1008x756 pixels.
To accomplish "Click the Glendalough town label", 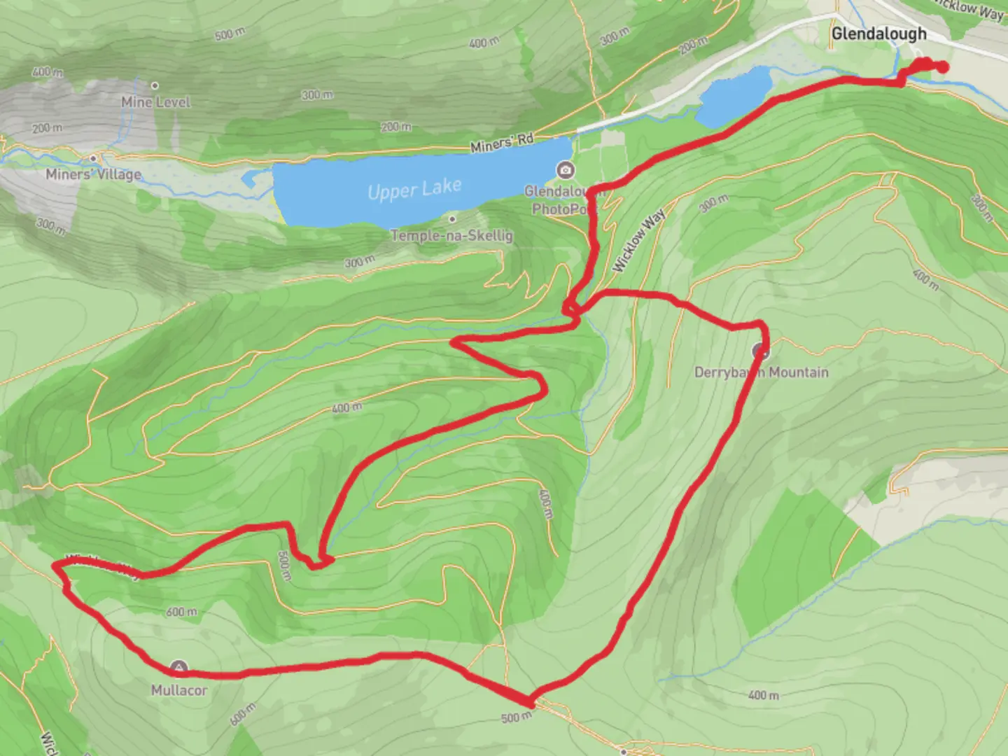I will (878, 34).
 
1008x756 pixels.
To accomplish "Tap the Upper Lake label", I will (414, 189).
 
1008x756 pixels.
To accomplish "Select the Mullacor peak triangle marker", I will (179, 668).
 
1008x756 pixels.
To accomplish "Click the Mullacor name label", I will (179, 690).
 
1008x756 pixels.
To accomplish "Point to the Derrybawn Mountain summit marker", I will (760, 350).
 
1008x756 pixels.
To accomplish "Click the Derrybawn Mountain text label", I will (761, 372).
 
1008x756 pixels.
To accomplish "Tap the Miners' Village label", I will (93, 174).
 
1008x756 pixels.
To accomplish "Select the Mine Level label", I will (155, 102).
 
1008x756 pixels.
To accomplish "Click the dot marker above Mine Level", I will (155, 85).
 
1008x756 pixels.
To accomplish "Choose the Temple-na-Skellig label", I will (451, 235).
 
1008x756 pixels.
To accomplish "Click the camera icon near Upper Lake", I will (565, 169).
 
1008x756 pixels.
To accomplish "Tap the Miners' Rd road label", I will (502, 143).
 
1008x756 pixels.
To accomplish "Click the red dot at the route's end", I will (943, 67).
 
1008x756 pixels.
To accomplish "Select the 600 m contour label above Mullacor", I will (181, 612).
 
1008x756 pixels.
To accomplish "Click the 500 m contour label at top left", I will (230, 34).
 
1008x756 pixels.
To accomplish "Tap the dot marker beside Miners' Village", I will (93, 158).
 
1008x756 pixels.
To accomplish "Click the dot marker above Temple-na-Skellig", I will (452, 220).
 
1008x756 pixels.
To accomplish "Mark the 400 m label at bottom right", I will (763, 695).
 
